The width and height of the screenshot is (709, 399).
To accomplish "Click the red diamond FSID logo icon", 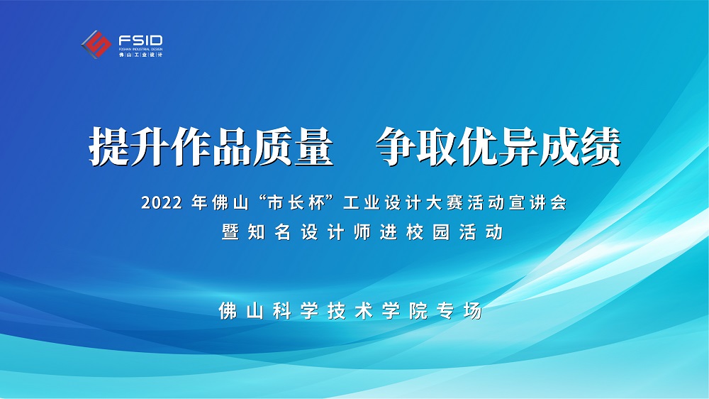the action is [x=96, y=44].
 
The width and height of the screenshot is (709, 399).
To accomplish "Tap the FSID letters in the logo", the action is [x=140, y=40].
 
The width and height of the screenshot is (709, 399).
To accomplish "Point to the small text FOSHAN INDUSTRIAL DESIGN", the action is [x=140, y=49].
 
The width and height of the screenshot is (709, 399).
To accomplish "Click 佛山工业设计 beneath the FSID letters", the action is [x=140, y=55].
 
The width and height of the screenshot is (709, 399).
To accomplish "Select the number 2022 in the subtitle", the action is [x=162, y=203].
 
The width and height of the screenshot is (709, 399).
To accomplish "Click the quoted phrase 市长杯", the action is [x=297, y=202].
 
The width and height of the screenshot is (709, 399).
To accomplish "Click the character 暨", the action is [x=230, y=232].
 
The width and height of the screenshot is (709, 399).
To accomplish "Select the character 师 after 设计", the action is [x=362, y=232].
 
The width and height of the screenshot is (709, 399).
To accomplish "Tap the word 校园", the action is [x=428, y=232].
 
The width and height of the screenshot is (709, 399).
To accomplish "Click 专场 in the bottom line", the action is [x=459, y=311].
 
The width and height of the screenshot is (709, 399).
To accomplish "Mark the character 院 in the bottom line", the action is [x=418, y=311].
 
